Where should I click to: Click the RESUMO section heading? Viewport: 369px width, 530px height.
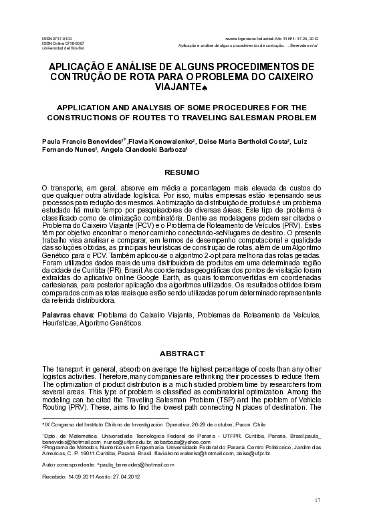[x=182, y=172]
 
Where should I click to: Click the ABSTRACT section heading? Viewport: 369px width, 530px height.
[x=182, y=352]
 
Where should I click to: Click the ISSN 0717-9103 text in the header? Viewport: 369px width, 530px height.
[x=56, y=39]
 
